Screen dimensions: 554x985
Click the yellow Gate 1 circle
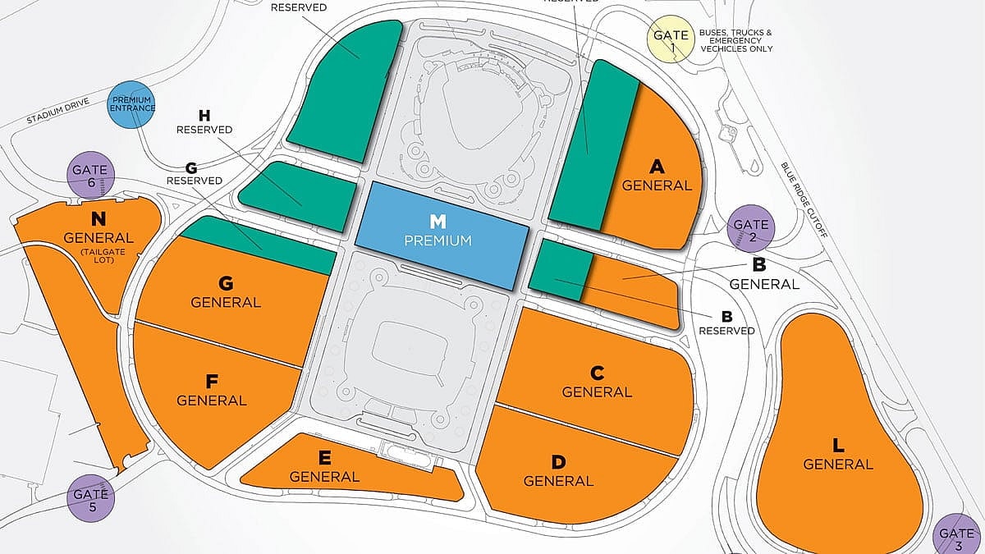[669, 40]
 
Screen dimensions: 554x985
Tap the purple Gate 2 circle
[750, 229]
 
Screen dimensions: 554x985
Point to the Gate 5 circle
[90, 498]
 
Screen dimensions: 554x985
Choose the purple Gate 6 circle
[90, 175]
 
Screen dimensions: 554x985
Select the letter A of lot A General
[656, 167]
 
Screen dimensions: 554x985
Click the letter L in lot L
[837, 446]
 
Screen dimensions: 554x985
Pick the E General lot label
[324, 468]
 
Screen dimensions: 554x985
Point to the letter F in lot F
[211, 382]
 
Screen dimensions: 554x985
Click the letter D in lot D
[557, 462]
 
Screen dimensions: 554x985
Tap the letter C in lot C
[597, 373]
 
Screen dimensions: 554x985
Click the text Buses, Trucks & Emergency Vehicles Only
[735, 40]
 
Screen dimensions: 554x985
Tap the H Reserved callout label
[204, 122]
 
